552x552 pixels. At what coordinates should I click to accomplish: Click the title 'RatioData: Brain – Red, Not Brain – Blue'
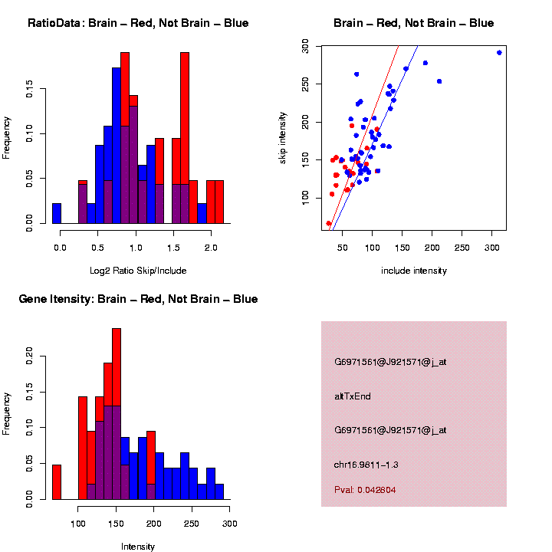[x=138, y=23]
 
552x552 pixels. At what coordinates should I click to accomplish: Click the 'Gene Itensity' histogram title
[x=138, y=299]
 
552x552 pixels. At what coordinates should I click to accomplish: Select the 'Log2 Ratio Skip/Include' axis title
[x=138, y=271]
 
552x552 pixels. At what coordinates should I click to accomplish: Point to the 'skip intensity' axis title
[x=283, y=136]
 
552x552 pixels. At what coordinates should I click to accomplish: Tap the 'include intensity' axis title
[x=414, y=271]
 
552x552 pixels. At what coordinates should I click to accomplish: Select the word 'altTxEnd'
[x=353, y=396]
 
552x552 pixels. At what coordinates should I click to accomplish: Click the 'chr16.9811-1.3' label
[x=366, y=465]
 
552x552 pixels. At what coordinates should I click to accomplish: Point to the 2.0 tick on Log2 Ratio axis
[x=210, y=248]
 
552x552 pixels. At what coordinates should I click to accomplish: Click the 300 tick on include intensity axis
[x=492, y=248]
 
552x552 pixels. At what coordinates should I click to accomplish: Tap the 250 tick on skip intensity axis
[x=305, y=84]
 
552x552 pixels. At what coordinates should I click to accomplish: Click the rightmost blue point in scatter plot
[x=499, y=53]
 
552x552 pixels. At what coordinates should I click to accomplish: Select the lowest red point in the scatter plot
[x=329, y=224]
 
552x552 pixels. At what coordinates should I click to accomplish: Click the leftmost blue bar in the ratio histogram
[x=57, y=214]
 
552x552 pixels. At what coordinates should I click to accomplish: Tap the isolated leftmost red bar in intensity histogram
[x=57, y=482]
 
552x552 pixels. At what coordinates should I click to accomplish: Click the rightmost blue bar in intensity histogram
[x=219, y=491]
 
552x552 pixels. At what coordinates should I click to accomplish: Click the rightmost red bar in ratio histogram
[x=219, y=202]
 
